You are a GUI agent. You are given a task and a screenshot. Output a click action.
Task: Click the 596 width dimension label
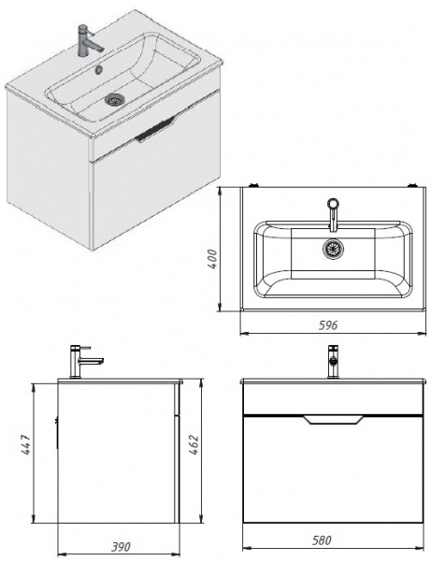tap(327, 325)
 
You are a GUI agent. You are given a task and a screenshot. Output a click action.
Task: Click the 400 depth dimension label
tap(212, 259)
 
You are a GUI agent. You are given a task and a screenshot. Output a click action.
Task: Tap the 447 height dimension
tap(26, 444)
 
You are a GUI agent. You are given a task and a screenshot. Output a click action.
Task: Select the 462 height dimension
tap(194, 444)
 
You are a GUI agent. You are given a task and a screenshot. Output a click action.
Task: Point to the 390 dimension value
tap(121, 547)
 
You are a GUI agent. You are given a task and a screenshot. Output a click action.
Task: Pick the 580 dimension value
tap(322, 540)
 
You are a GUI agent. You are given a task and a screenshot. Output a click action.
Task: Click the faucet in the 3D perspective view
tap(88, 40)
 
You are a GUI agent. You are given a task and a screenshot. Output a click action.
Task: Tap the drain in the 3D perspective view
tap(114, 99)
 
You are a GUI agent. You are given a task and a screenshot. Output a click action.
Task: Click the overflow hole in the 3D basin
tap(98, 69)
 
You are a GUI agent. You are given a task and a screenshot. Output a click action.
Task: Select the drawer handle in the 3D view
tap(154, 130)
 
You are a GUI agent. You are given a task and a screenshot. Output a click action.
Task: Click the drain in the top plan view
tap(333, 249)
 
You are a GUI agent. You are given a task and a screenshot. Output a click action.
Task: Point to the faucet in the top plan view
tap(333, 215)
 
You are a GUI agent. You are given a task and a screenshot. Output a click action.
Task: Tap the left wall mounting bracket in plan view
tap(254, 185)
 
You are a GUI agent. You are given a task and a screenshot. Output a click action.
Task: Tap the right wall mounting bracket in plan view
tap(413, 185)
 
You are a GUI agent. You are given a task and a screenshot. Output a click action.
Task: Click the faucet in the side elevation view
tap(83, 361)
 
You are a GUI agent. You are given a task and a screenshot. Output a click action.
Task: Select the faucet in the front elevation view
tap(333, 361)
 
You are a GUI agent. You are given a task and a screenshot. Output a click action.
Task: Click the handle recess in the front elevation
tap(333, 420)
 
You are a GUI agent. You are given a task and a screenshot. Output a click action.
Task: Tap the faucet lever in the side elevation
tap(86, 348)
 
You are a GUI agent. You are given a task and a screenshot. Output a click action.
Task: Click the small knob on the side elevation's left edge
tap(56, 432)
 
